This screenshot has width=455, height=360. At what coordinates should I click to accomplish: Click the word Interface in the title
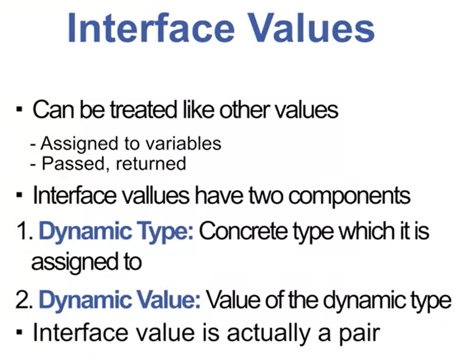coord(151,28)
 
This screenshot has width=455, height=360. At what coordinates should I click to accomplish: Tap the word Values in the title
coord(311,28)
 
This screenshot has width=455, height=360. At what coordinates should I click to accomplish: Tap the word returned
coord(151,164)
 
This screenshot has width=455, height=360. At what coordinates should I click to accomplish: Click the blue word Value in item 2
coord(168,301)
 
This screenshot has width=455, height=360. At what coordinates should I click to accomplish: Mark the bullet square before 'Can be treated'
coord(19,110)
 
